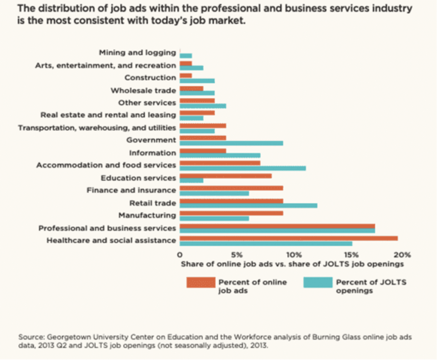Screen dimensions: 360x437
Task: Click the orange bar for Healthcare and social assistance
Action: [288, 238]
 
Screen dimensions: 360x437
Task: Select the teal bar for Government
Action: [231, 143]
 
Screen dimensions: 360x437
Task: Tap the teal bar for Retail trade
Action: [248, 205]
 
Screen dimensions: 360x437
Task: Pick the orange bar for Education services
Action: [225, 176]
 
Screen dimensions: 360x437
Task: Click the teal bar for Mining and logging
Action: [186, 56]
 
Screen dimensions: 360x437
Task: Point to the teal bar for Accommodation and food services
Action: [242, 168]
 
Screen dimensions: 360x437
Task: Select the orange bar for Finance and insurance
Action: [231, 188]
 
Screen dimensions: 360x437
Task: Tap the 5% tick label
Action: [237, 255]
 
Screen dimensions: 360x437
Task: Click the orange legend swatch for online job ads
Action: [201, 282]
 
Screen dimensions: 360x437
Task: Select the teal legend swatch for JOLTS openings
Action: [318, 282]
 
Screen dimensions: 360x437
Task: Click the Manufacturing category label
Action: [147, 215]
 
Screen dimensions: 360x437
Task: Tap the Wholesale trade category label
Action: [143, 91]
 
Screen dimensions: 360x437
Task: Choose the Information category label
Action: [152, 153]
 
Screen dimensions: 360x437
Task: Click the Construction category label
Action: [150, 78]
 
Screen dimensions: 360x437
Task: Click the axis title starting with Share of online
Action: [292, 264]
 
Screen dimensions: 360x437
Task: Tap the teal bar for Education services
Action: [191, 180]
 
